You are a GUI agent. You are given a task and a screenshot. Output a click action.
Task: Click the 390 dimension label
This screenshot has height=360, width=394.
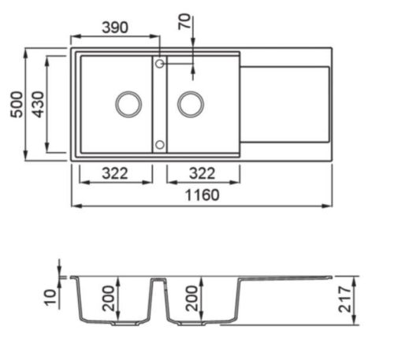tap(115, 28)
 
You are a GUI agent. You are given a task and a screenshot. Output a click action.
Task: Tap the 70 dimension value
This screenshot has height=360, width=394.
tap(184, 21)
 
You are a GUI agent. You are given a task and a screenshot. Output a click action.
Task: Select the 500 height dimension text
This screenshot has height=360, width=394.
tap(17, 105)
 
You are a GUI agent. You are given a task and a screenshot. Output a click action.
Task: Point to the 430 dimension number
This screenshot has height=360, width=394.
tap(38, 105)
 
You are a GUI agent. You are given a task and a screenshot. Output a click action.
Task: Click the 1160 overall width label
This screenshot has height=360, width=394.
tap(202, 195)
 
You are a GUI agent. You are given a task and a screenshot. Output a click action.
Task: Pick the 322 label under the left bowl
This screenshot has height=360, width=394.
tap(115, 173)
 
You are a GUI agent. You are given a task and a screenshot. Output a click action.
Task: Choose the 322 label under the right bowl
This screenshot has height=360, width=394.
tap(202, 173)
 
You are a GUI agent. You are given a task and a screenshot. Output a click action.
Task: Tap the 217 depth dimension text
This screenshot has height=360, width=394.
tap(344, 299)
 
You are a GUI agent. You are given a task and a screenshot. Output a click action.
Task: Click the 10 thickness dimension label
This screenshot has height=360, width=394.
tap(50, 297)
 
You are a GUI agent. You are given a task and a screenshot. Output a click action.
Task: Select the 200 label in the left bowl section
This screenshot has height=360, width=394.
tap(109, 299)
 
